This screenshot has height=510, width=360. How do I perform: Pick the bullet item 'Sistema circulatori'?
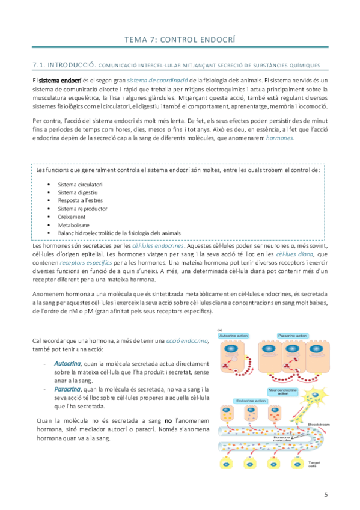point(80,184)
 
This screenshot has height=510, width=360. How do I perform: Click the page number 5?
point(325,495)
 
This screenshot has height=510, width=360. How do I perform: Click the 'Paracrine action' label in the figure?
point(291,335)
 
